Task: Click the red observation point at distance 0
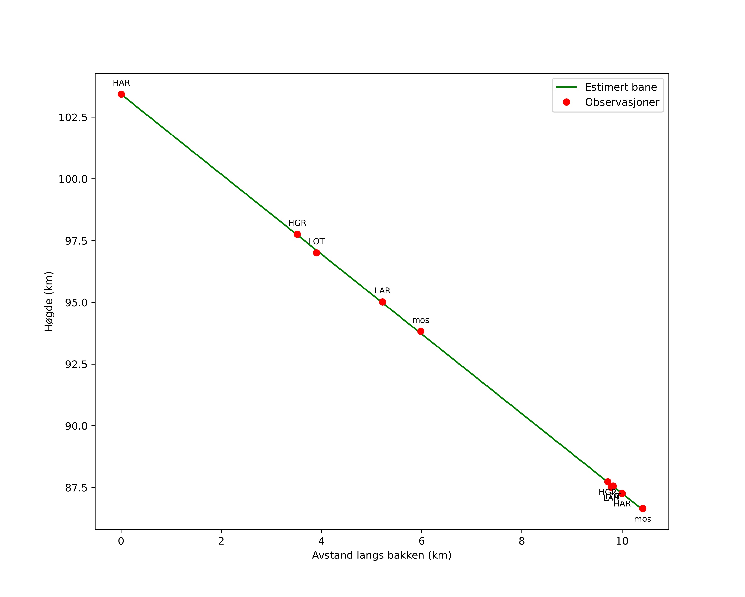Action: tap(121, 94)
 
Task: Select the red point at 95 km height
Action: tap(382, 302)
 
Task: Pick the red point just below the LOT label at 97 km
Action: tap(317, 253)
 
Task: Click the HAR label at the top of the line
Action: tap(121, 83)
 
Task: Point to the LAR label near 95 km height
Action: tap(382, 291)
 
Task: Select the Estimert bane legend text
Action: tap(621, 87)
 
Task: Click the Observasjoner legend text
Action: tap(622, 102)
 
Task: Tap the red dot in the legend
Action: tap(566, 102)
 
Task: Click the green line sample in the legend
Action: tap(566, 87)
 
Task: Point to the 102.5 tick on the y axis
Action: tap(73, 117)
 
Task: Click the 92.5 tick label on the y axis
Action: tap(76, 364)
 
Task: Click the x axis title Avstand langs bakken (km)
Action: tap(382, 556)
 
